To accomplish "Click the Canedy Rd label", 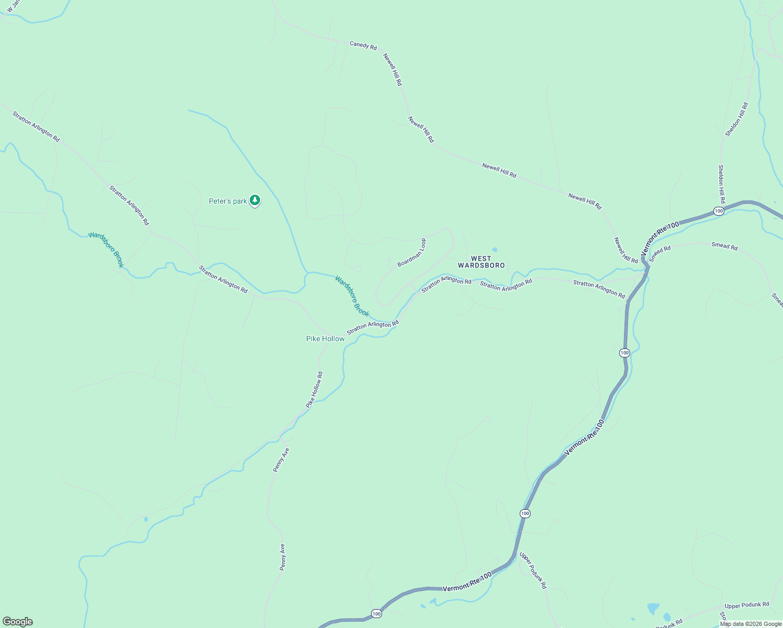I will click(x=363, y=46).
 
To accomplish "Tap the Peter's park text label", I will click(x=228, y=201).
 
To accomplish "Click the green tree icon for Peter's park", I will click(x=255, y=200).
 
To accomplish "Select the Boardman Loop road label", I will click(x=412, y=253).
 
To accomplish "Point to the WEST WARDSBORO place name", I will click(x=482, y=262).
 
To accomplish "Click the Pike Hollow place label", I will click(x=325, y=339).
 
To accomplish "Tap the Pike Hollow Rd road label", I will click(x=315, y=390).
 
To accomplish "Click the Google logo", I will click(x=17, y=622).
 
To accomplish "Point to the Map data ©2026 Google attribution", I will click(x=751, y=624).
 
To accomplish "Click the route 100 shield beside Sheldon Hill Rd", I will click(x=719, y=211).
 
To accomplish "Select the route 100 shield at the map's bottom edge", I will click(x=376, y=613).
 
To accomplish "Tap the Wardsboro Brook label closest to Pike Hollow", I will click(x=352, y=296).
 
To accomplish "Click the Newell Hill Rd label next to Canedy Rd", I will click(x=393, y=69).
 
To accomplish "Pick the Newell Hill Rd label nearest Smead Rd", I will click(x=626, y=250).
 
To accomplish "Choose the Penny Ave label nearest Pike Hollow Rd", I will click(x=281, y=460).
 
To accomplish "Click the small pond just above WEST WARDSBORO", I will click(x=495, y=250).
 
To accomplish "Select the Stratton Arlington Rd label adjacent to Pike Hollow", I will click(x=373, y=328).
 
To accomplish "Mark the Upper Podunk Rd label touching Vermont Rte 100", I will click(x=533, y=570).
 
